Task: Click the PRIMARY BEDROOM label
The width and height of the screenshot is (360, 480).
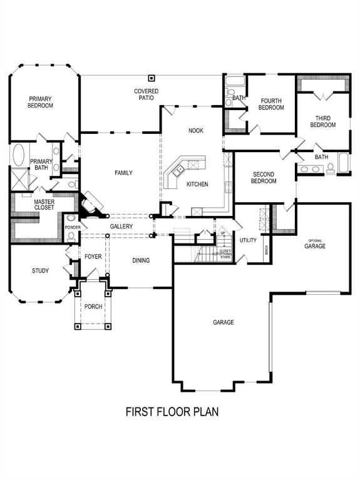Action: pyautogui.click(x=40, y=102)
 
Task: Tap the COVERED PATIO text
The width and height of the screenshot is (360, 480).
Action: pyautogui.click(x=147, y=95)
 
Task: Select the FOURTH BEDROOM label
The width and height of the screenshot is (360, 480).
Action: pyautogui.click(x=271, y=104)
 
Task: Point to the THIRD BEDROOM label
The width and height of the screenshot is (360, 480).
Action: pyautogui.click(x=322, y=121)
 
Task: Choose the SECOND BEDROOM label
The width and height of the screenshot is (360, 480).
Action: pyautogui.click(x=264, y=177)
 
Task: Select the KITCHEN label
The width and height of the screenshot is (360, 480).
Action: pyautogui.click(x=197, y=184)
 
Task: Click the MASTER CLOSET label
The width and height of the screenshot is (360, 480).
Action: pyautogui.click(x=44, y=204)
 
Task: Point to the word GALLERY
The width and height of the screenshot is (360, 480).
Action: pyautogui.click(x=121, y=226)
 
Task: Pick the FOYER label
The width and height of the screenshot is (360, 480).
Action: pyautogui.click(x=93, y=257)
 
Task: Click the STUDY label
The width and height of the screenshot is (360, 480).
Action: pyautogui.click(x=41, y=271)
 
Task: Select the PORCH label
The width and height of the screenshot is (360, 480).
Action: pyautogui.click(x=93, y=307)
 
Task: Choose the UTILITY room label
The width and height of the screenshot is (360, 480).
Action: pyautogui.click(x=248, y=240)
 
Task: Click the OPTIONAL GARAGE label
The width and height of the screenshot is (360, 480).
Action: pyautogui.click(x=314, y=244)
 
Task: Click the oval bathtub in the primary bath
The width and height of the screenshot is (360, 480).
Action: pyautogui.click(x=18, y=155)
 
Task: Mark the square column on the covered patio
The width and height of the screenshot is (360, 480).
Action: pyautogui.click(x=151, y=78)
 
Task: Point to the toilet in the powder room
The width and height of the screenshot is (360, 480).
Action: pyautogui.click(x=71, y=237)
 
